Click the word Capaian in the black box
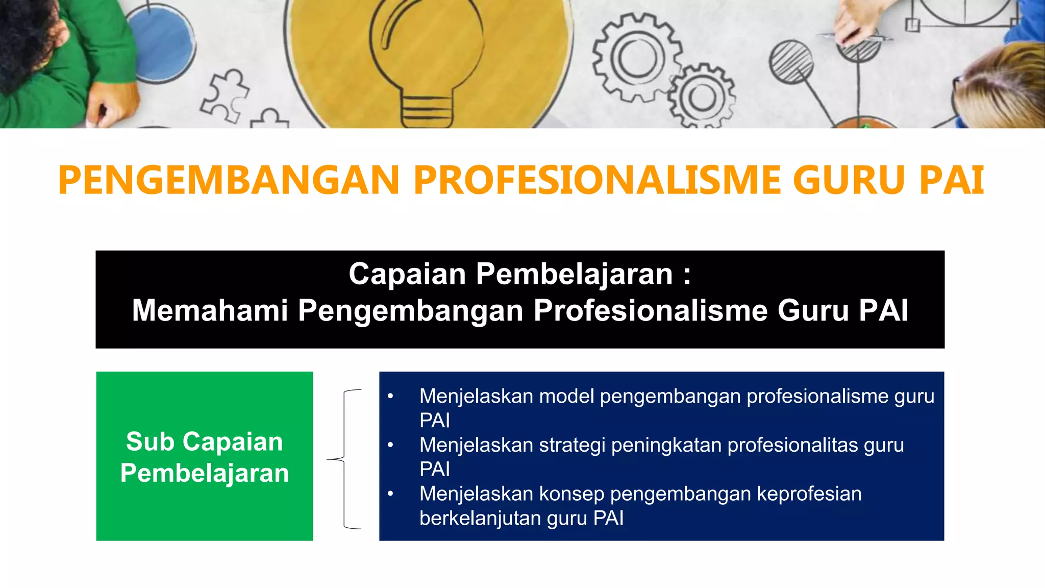[x=407, y=274]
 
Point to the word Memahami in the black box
[x=210, y=310]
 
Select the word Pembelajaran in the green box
[x=205, y=473]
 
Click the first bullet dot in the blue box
[x=390, y=397]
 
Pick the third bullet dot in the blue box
[x=390, y=494]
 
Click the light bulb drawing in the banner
[x=426, y=61]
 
